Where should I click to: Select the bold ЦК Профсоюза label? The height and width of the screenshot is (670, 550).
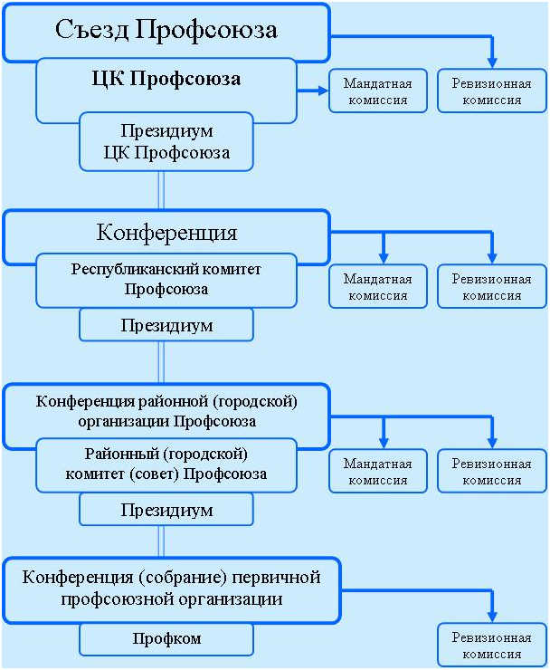166,79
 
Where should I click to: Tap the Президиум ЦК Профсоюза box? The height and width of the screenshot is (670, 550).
166,142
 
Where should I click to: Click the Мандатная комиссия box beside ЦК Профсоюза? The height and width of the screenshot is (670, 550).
378,91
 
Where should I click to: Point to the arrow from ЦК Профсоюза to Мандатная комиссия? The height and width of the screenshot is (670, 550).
313,91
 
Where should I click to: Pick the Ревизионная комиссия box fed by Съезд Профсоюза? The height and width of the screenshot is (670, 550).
492,91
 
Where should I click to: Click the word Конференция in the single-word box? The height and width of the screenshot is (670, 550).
166,233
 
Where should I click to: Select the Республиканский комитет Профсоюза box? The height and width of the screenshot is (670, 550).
166,281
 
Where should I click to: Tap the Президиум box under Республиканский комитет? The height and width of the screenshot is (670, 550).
166,325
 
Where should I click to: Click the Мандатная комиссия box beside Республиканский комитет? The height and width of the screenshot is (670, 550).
378,286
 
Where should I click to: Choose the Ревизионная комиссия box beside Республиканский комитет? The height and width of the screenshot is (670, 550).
492,286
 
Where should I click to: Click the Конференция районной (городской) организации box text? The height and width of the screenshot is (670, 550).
166,411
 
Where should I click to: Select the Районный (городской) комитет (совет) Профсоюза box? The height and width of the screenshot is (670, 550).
166,464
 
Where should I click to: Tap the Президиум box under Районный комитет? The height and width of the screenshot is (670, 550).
166,510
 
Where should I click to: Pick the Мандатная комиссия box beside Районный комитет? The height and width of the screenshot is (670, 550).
378,471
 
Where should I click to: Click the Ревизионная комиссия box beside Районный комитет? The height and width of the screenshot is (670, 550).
492,471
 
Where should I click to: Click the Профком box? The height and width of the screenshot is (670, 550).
166,639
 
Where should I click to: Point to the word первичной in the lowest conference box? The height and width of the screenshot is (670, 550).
276,578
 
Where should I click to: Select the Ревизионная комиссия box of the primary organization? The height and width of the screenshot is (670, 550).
492,646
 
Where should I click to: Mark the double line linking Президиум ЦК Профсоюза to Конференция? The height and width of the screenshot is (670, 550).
161,190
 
